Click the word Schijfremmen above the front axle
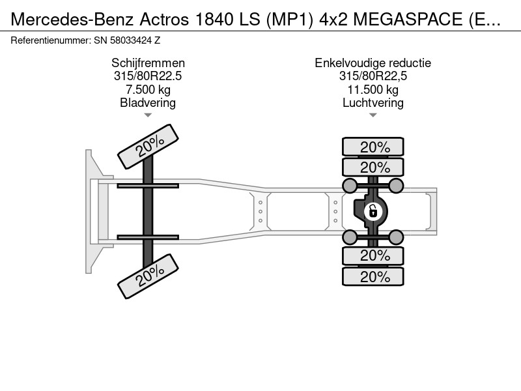pos(148,63)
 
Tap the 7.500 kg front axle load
pos(148,89)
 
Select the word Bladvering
pos(148,103)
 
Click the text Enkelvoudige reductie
pos(373,63)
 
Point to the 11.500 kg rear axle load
pos(373,89)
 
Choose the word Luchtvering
pos(373,103)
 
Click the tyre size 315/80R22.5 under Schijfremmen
pos(148,76)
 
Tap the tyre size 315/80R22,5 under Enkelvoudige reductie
pos(373,76)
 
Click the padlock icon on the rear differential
pos(373,211)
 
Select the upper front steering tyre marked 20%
pos(148,147)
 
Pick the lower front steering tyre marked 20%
pos(148,276)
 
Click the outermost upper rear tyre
pos(373,147)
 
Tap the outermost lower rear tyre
pos(373,276)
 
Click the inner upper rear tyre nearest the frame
pos(373,167)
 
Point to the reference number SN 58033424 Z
pos(127,40)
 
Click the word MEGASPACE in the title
pos(408,20)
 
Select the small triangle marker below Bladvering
pos(148,115)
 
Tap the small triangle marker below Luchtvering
pos(373,115)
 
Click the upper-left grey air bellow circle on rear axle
pos(350,186)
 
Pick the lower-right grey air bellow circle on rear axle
pos(396,237)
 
